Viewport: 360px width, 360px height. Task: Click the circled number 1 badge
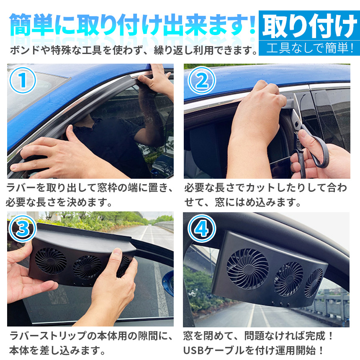point(23,80)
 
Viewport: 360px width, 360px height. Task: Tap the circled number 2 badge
point(202,80)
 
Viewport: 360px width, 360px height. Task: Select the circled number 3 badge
point(23,229)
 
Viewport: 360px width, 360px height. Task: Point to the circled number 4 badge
point(202,229)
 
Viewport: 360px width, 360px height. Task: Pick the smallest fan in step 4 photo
point(314,283)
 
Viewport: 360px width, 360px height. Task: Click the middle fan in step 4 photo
point(288,279)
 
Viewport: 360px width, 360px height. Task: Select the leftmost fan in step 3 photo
point(51,261)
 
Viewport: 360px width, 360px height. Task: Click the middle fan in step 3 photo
point(87,267)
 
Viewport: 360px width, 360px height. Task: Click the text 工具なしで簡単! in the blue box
point(309,48)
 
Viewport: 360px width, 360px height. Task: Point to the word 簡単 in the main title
point(32,25)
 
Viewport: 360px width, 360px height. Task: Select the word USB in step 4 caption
point(193,350)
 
